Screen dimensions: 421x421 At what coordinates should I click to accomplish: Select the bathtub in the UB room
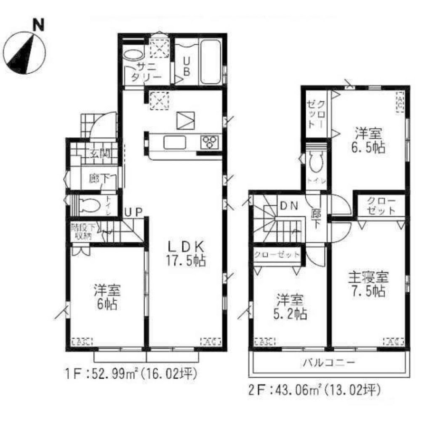coord(210,62)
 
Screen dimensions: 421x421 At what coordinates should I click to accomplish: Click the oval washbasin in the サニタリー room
coord(133,55)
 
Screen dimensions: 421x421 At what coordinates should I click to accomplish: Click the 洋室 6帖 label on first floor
coord(107,297)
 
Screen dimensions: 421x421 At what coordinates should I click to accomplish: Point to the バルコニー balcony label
coord(328,362)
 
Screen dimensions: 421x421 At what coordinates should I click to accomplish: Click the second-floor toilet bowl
coord(314,162)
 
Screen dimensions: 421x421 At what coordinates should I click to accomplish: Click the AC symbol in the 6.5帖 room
coord(400,102)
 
